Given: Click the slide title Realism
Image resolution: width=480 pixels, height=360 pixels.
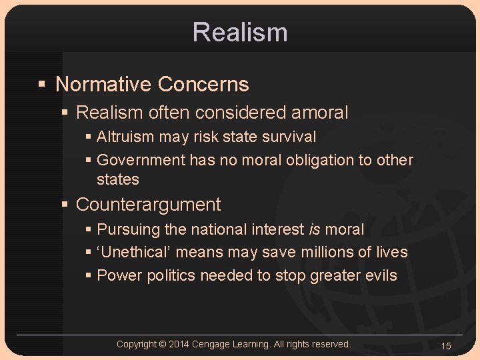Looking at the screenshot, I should click(x=240, y=32).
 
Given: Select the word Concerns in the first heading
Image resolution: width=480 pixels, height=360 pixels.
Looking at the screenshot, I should click(x=203, y=85).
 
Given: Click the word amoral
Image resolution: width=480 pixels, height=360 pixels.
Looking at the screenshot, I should click(x=319, y=113).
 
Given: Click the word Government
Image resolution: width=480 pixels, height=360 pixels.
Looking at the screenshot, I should click(x=141, y=160).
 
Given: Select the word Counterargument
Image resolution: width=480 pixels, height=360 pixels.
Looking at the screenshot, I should click(x=148, y=204).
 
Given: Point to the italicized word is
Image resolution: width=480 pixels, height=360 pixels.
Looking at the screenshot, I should click(x=315, y=229).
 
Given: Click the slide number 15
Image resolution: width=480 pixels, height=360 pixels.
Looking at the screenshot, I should click(x=446, y=346).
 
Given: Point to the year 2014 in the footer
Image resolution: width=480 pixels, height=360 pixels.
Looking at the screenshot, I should click(x=179, y=344).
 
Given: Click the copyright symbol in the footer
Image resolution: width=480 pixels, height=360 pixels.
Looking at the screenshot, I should click(x=163, y=344).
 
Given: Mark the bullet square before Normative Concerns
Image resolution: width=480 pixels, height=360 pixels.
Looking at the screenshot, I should click(x=41, y=85).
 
